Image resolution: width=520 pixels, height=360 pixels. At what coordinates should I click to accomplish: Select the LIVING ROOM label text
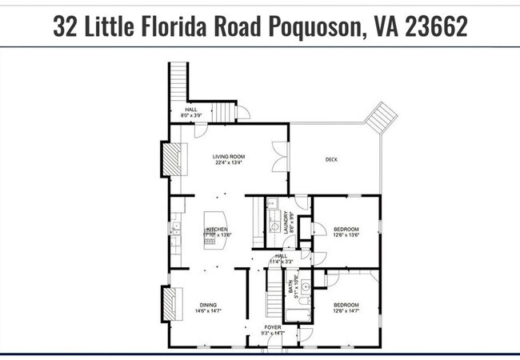pyautogui.click(x=228, y=157)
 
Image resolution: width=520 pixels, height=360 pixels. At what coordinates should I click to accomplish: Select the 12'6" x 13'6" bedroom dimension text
pyautogui.click(x=346, y=235)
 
